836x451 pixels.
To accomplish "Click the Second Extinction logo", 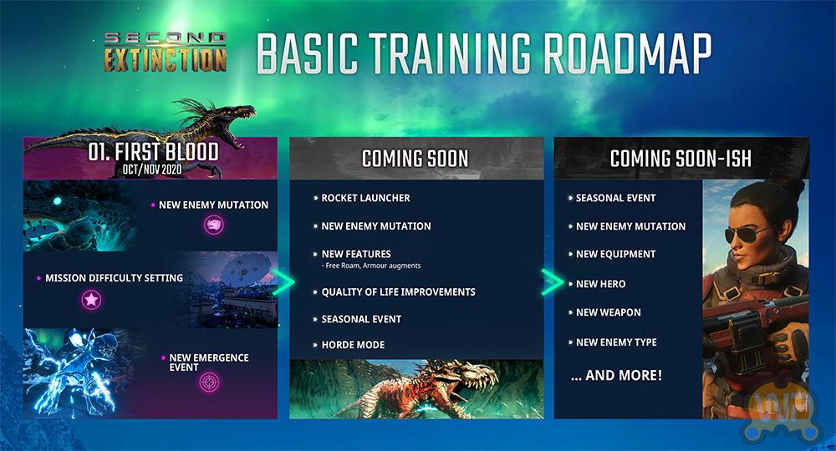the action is (166, 52).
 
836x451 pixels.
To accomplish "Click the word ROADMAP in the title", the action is (628, 53).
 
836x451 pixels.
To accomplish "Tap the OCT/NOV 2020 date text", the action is (152, 170).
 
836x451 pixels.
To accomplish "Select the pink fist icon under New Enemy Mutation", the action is (214, 225).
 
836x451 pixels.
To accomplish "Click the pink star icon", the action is (91, 300).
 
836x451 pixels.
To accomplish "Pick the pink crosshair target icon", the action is (209, 383).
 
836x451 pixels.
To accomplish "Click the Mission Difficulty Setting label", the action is (114, 278).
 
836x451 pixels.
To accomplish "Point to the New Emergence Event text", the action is (209, 362).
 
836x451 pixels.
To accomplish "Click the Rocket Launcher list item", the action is (366, 198).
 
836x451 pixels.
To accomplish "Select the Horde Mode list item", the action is (353, 345).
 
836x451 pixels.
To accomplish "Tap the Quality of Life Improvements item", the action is (398, 291).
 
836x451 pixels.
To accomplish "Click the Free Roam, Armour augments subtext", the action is (371, 265).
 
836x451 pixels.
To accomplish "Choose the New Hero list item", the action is (600, 284).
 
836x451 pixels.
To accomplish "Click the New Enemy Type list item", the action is (616, 342).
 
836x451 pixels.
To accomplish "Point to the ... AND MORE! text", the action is (616, 375).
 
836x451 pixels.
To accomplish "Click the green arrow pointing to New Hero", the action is (553, 281).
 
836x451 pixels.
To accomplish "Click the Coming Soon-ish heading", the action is (681, 159).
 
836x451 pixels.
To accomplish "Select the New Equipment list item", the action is (616, 255).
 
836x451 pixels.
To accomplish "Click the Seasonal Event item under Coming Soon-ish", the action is (616, 198).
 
